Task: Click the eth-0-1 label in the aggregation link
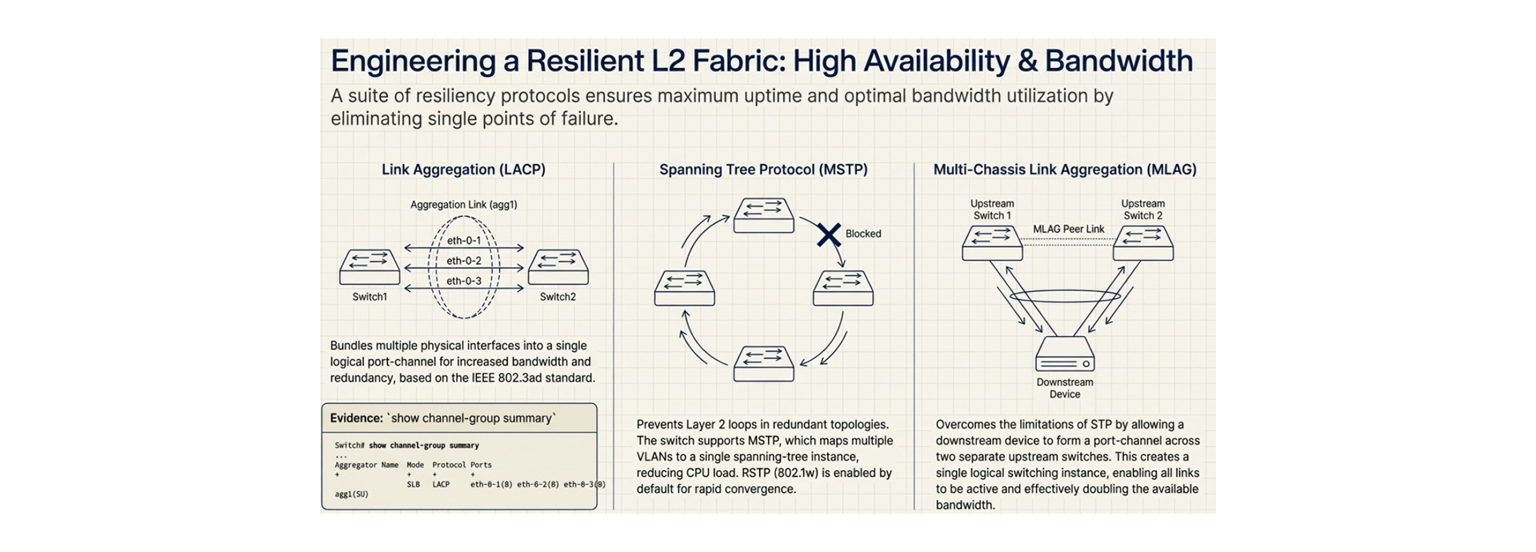(464, 241)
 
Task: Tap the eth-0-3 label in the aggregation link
(464, 281)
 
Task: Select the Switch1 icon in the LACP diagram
(370, 267)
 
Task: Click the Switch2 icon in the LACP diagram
(558, 267)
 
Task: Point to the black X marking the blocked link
(829, 234)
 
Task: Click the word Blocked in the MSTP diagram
(863, 234)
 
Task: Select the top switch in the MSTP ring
(764, 215)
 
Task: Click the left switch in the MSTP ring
(684, 288)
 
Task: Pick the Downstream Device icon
(1065, 354)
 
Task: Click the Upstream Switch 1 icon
(992, 243)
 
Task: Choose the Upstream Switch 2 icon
(1143, 243)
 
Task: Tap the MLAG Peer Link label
(1068, 229)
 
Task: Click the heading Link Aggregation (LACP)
(463, 170)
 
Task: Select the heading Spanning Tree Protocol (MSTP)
(763, 170)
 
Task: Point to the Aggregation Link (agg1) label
(464, 205)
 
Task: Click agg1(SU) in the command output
(351, 494)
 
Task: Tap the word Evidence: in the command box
(356, 418)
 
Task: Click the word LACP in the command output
(441, 484)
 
